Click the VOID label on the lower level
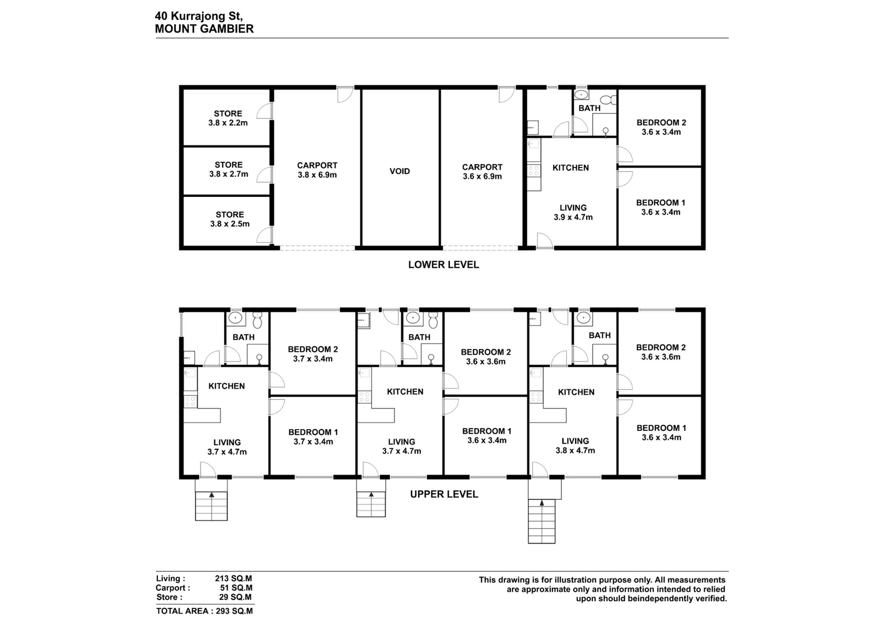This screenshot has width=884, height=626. (399, 171)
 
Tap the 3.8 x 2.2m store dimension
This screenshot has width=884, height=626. (228, 123)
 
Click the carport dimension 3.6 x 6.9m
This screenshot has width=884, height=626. (482, 176)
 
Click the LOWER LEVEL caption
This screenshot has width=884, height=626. (444, 265)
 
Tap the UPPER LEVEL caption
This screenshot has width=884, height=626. (444, 494)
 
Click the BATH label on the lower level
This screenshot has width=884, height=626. (589, 108)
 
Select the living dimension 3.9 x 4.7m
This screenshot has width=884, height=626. (573, 217)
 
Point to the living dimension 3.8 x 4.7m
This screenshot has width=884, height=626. (575, 451)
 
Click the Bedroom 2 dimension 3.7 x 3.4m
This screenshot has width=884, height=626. (313, 359)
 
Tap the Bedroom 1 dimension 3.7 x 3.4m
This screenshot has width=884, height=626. (313, 442)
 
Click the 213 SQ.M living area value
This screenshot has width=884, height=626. (233, 578)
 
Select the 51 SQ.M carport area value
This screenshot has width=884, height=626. (236, 588)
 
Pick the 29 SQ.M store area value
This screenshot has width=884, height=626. (235, 597)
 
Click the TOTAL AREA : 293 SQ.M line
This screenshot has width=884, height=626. (204, 611)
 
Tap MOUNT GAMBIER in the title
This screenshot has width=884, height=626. (204, 29)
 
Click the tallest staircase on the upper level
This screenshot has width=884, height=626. (541, 521)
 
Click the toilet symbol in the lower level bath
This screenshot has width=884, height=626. (608, 100)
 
